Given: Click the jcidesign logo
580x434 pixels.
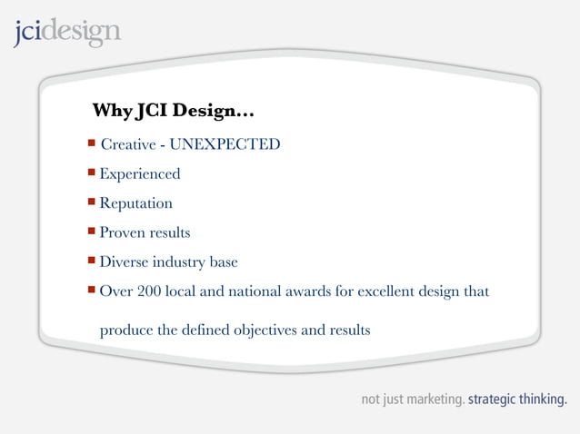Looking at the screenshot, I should coord(66,32).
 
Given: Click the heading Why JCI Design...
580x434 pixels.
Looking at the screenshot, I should coord(173,112).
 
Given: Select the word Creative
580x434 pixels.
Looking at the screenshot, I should coord(126,144).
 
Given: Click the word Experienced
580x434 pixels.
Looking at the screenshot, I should coord(140,174).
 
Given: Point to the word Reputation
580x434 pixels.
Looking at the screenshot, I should coord(136,203).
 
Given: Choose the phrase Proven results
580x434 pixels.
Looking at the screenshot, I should coord(145,233).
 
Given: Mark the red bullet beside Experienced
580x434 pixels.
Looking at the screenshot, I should coord(92,173).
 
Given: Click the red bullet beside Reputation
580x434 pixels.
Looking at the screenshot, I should coord(92,202).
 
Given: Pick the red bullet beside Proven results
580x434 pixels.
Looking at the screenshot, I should coord(92,232).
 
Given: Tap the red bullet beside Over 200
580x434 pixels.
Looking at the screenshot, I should coord(92,291).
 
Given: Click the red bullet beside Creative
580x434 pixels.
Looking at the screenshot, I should coord(92,143).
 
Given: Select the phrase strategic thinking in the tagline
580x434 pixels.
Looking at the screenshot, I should coord(517,399).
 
